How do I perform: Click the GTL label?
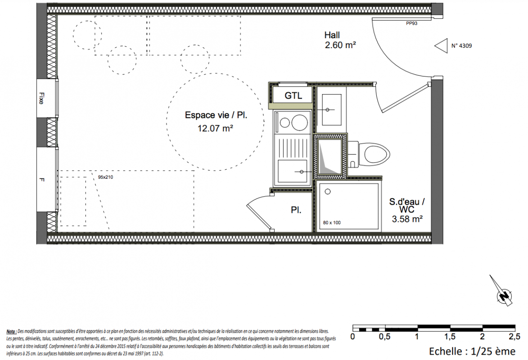tap(293, 96)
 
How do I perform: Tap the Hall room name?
tap(332, 35)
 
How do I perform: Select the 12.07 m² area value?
tap(216, 128)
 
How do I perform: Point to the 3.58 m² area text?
tap(407, 219)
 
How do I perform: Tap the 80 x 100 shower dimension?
tap(332, 223)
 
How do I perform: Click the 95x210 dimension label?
tap(105, 177)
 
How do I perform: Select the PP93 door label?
tap(411, 23)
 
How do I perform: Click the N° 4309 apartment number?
tap(462, 45)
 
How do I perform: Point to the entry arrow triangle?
tap(442, 46)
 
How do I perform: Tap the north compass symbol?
tap(502, 292)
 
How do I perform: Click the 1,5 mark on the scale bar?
tap(450, 337)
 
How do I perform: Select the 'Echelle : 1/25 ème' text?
tap(472, 351)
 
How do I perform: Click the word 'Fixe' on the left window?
tap(41, 99)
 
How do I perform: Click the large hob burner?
tap(300, 122)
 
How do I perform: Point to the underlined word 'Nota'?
tap(11, 332)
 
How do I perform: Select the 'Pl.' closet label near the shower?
tap(296, 210)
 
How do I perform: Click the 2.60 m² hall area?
tap(340, 45)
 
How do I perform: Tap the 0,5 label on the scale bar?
tap(384, 337)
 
